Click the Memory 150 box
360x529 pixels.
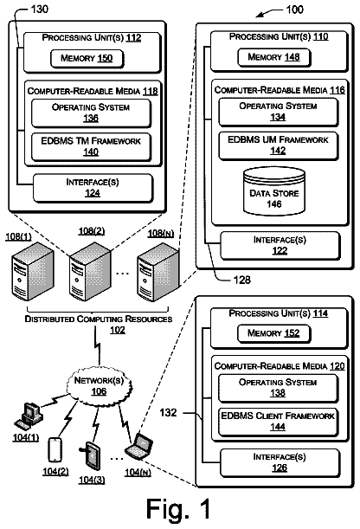87,59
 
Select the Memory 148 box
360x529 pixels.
274,57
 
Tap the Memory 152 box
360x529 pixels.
274,333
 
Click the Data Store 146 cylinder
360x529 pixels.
274,191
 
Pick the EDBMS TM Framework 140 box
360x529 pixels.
91,147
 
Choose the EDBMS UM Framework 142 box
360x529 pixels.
278,145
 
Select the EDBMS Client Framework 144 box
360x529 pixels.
278,422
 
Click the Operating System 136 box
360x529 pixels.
91,113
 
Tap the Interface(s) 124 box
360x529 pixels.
93,188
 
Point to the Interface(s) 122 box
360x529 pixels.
280,246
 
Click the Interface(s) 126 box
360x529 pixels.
280,463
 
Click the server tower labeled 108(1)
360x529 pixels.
32,271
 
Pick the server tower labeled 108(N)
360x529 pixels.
157,272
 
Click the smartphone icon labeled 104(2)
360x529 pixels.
55,450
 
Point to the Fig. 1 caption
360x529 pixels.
178,509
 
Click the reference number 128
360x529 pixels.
242,280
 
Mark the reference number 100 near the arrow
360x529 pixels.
294,10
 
